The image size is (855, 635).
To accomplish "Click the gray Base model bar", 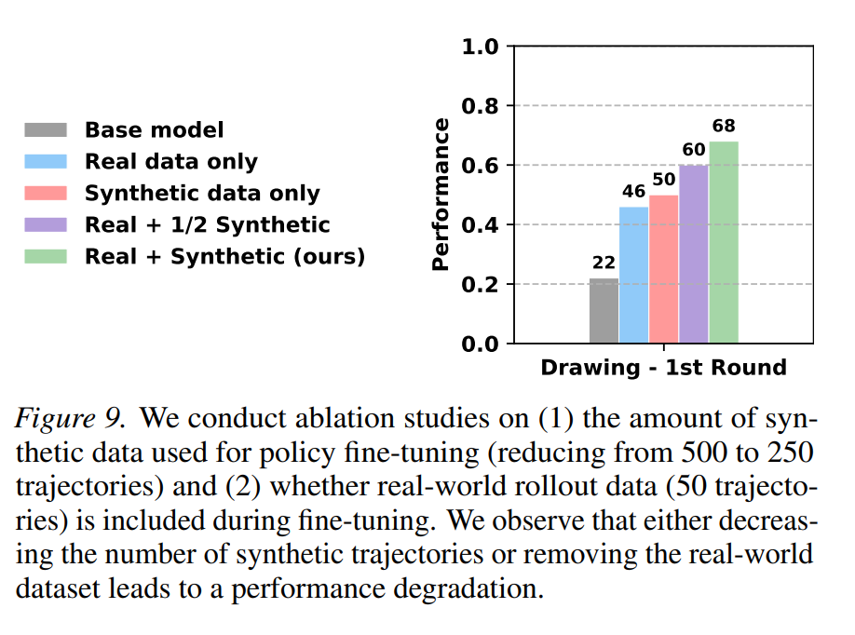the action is point(604,311).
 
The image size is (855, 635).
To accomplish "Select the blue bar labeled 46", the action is point(633,276).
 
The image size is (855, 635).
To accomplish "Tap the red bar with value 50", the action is point(664,269).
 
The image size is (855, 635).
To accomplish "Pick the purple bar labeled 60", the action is point(694,254).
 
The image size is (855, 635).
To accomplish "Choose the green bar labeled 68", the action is point(724,243).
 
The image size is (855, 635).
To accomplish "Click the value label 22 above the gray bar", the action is point(604,263).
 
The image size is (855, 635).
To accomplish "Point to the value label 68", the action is point(724,126).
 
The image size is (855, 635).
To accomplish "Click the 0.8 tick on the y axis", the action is point(480,106).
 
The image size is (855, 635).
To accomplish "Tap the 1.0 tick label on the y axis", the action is point(480,47).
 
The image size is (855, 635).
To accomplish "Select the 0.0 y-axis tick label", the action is point(480,344).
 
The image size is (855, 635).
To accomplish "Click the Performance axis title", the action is point(440,195).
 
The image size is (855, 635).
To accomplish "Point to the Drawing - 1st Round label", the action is point(664,368).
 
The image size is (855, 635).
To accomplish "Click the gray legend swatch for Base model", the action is point(46,129).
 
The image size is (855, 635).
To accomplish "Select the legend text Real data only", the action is point(171,162).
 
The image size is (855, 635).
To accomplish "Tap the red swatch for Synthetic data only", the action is point(46,193).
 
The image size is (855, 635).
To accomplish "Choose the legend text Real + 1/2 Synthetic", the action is point(207,224).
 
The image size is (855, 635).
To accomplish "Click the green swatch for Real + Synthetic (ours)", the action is point(46,256).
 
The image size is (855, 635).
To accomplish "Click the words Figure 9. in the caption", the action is point(71,419).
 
